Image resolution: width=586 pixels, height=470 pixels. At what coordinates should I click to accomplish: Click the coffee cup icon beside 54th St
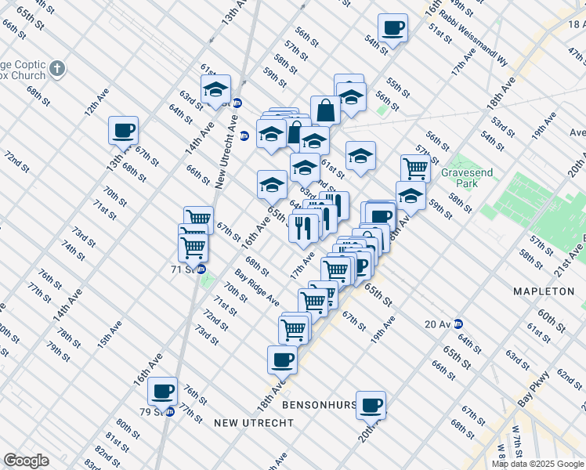(x=392, y=28)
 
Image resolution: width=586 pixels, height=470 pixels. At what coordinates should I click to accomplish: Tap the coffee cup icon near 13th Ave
(x=123, y=129)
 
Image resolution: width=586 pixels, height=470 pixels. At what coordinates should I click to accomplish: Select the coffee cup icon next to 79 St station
(x=163, y=390)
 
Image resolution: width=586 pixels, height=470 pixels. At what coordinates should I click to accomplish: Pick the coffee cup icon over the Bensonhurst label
(x=371, y=404)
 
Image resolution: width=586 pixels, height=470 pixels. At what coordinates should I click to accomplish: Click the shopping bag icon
(x=325, y=110)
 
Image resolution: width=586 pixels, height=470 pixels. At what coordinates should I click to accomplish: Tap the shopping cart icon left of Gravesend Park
(x=415, y=167)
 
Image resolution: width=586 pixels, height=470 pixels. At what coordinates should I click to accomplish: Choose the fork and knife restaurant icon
(x=302, y=228)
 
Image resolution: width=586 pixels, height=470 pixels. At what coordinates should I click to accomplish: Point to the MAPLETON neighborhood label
(x=544, y=291)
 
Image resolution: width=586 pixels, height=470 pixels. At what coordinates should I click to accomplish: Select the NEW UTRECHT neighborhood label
(x=254, y=423)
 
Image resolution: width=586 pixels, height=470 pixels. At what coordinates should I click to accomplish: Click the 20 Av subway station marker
(x=459, y=324)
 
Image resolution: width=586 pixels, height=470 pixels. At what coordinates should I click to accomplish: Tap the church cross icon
(x=56, y=69)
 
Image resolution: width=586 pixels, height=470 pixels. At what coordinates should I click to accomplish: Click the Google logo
(x=26, y=461)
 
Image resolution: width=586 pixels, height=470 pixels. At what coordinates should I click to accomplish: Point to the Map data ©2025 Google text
(x=537, y=464)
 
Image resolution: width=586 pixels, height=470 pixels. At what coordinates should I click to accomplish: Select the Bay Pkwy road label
(x=534, y=388)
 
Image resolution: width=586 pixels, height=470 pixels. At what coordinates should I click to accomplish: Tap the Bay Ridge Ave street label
(x=256, y=287)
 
